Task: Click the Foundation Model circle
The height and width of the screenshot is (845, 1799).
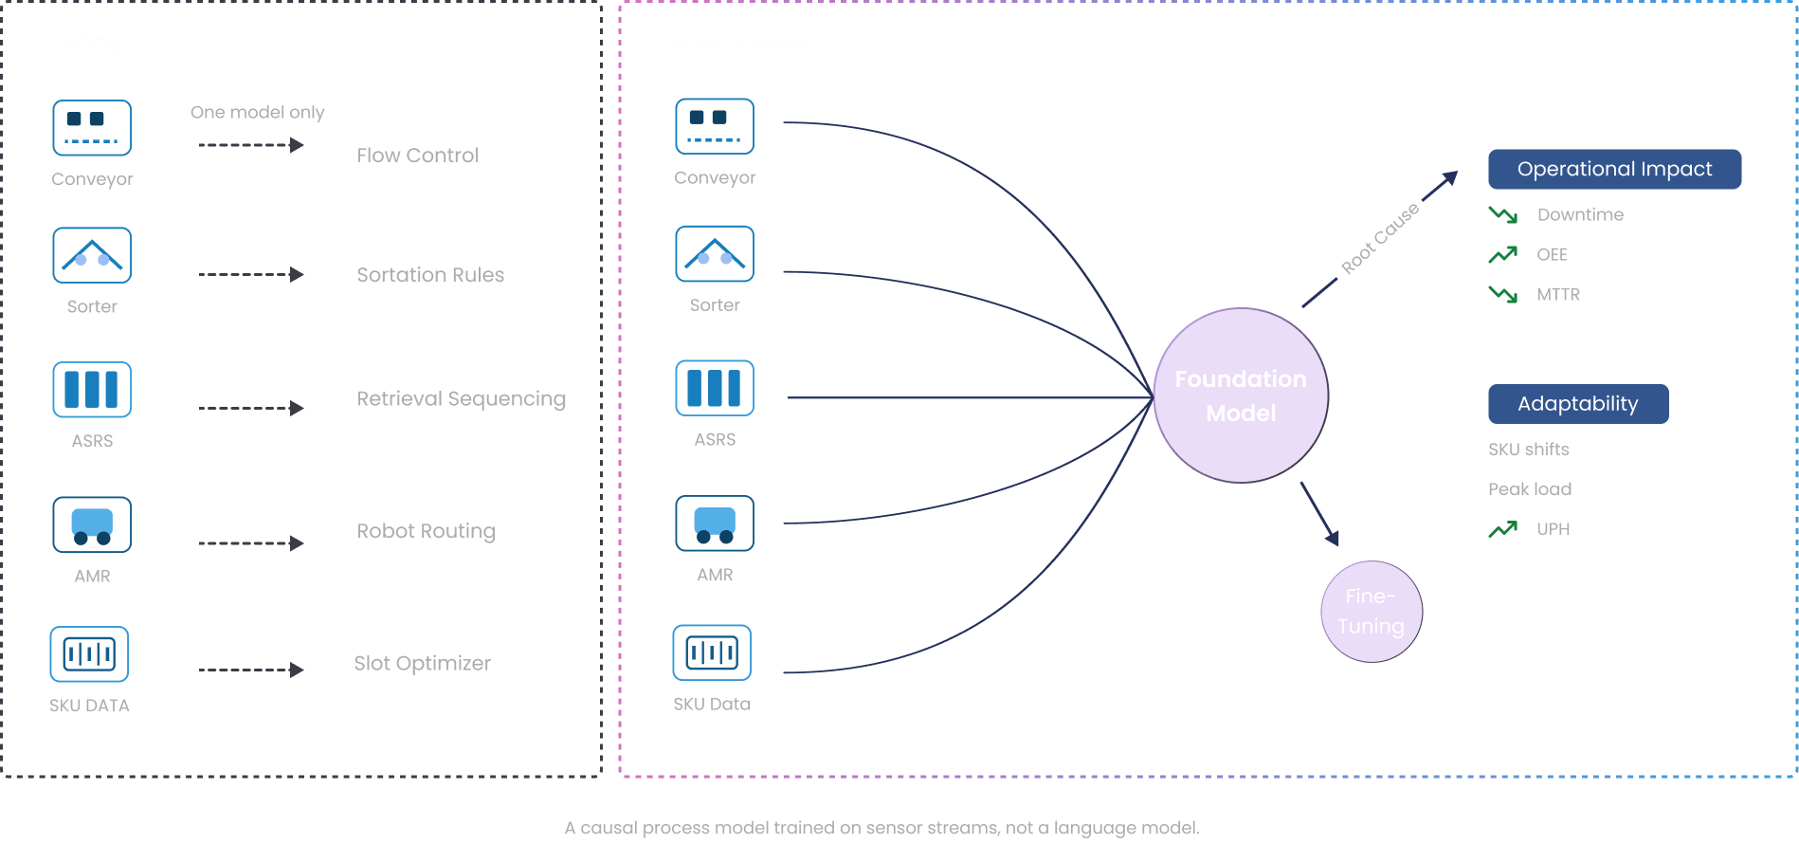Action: tap(1240, 395)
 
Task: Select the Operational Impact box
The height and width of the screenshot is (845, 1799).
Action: tap(1614, 169)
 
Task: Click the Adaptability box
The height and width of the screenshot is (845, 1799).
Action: tap(1577, 404)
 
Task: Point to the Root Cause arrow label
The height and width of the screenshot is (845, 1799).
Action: tap(1379, 238)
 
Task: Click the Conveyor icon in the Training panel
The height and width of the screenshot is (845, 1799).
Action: tap(92, 128)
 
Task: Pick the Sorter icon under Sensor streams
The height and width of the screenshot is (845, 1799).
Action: tap(715, 254)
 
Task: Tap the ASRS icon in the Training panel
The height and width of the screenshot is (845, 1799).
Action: tap(92, 390)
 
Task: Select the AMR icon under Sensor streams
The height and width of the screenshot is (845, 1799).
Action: tap(715, 524)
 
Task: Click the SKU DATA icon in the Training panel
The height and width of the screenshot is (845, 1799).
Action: tap(89, 654)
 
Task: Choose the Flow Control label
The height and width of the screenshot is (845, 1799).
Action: tap(417, 156)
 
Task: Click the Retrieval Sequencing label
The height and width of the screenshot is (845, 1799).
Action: tap(461, 399)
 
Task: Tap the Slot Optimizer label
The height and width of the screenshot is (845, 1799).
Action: tap(422, 664)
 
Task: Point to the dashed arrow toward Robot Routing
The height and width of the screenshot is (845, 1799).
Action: tap(251, 543)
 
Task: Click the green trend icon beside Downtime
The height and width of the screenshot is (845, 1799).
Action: tap(1502, 215)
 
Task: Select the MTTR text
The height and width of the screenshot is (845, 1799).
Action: tap(1557, 295)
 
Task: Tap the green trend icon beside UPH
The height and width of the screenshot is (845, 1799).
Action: tap(1502, 529)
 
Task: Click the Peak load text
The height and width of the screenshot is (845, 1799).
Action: tap(1529, 489)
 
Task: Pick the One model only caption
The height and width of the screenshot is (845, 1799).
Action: tap(257, 113)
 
